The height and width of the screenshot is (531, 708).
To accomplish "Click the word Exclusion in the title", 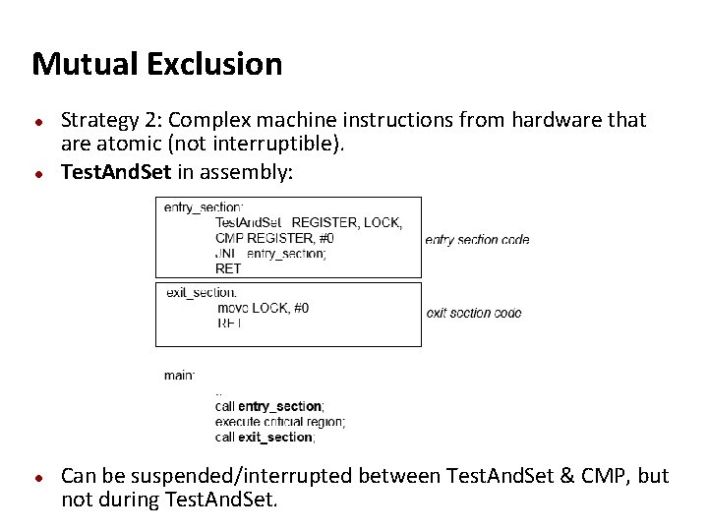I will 214,65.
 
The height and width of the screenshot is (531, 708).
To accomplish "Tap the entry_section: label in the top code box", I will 203,207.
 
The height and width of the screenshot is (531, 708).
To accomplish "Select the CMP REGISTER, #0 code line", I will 274,238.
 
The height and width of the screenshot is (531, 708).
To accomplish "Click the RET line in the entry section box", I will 228,267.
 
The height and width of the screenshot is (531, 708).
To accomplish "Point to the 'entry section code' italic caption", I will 477,239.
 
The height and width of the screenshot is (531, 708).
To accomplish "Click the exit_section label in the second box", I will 201,292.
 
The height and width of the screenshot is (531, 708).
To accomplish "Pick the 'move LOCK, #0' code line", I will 263,308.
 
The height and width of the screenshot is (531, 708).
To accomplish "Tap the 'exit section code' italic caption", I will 474,313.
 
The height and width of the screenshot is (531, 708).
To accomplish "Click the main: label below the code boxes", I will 179,376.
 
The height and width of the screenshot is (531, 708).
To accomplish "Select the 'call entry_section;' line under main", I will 269,406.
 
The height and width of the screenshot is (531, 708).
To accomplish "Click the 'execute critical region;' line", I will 280,422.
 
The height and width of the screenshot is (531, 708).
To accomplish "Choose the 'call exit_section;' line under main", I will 265,437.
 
